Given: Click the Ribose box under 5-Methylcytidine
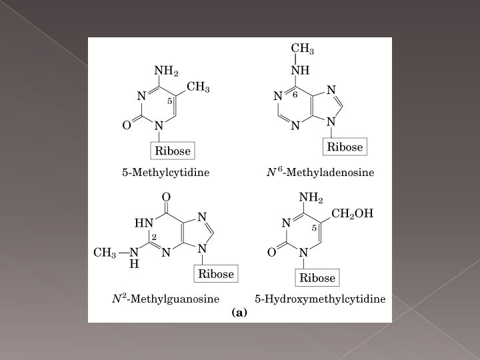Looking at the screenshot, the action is point(173,151).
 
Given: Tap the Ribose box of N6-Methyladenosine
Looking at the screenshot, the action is point(345,147).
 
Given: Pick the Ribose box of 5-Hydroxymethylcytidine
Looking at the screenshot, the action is point(317,277).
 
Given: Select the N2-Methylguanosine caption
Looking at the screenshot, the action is point(165,298).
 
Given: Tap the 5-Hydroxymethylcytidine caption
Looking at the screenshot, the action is point(321,298).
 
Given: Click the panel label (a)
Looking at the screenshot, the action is point(239,312).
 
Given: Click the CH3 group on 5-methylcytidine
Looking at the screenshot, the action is point(199,87).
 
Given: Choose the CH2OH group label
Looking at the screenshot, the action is point(353,214).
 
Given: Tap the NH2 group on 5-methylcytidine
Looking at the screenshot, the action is point(166,71).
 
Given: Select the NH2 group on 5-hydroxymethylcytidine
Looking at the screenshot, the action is point(311,198).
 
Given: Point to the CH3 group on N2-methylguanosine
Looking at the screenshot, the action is point(105,253).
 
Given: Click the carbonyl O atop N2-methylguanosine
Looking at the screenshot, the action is point(166,197).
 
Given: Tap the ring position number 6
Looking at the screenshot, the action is point(295,94).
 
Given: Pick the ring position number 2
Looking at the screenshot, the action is point(153,237).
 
